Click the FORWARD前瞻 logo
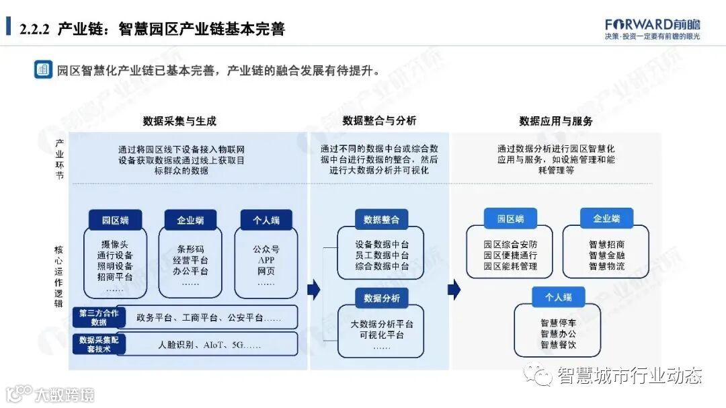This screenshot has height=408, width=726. pyautogui.click(x=652, y=24)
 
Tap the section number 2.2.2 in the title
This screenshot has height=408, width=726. pyautogui.click(x=36, y=30)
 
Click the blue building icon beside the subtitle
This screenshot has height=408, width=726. pyautogui.click(x=43, y=69)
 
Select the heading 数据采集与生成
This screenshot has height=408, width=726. pyautogui.click(x=179, y=121)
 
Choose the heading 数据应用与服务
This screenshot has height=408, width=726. pyautogui.click(x=555, y=121)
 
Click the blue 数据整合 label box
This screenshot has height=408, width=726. pyautogui.click(x=381, y=220)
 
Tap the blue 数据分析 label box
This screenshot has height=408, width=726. pyautogui.click(x=381, y=298)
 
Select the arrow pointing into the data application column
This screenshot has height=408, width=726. pyautogui.click(x=454, y=290)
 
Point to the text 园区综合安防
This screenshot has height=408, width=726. pyautogui.click(x=510, y=245)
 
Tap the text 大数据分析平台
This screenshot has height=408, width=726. pyautogui.click(x=382, y=324)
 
